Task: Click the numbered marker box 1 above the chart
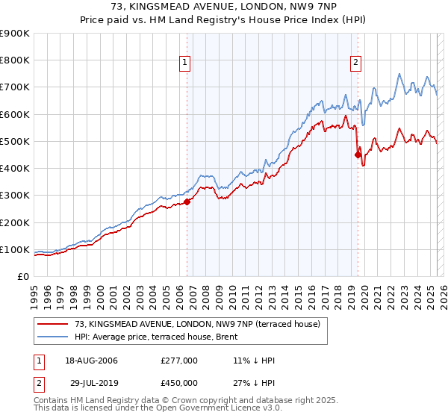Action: tap(184, 63)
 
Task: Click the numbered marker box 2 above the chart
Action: tap(355, 63)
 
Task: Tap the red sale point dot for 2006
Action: tap(187, 201)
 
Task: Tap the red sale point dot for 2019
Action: tap(358, 155)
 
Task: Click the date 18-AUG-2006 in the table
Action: tap(93, 361)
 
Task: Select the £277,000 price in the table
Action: tap(179, 361)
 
